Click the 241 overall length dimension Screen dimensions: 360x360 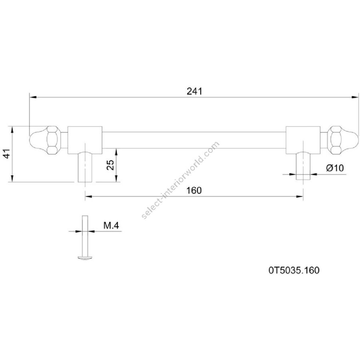tap(194, 91)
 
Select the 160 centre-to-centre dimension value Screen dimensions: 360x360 tap(194, 190)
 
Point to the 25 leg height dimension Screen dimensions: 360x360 tap(110, 165)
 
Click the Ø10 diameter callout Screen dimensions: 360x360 tap(335, 168)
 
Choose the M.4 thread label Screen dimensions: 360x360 tap(111, 226)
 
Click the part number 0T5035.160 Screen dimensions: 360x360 tap(294, 270)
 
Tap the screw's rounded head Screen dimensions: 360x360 tap(85, 258)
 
